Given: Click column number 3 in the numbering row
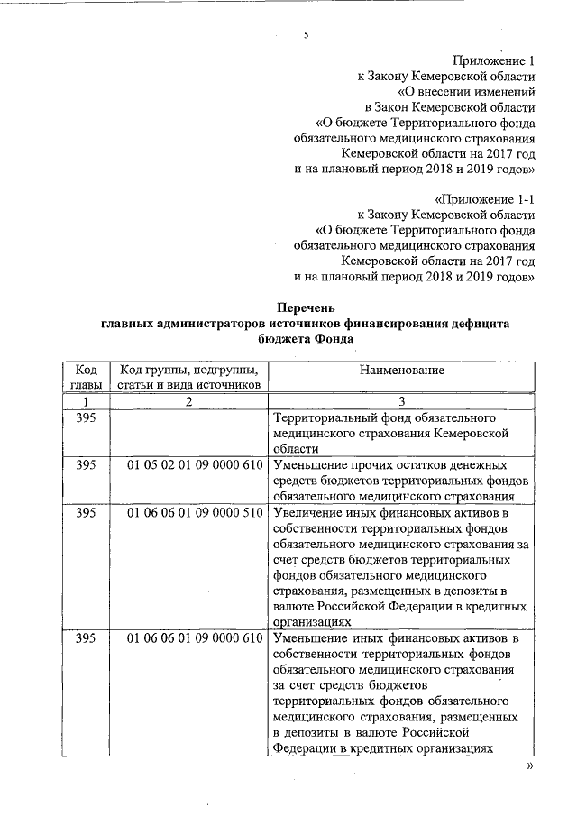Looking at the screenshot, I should pyautogui.click(x=401, y=402).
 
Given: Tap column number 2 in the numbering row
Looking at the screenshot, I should pyautogui.click(x=188, y=402).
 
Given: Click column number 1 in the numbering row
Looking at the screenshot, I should pyautogui.click(x=86, y=402).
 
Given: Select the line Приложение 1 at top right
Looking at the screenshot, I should pyautogui.click(x=490, y=60).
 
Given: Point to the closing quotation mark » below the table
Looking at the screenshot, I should pyautogui.click(x=530, y=766).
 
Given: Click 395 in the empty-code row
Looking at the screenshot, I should pyautogui.click(x=86, y=418).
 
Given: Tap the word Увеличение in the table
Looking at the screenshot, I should pyautogui.click(x=310, y=512).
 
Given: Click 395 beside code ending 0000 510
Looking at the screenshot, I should pyautogui.click(x=86, y=512).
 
